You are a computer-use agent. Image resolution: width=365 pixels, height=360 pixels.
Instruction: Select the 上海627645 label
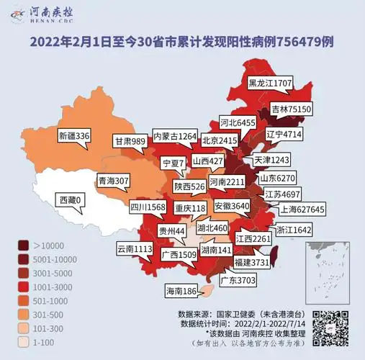click(x=302, y=210)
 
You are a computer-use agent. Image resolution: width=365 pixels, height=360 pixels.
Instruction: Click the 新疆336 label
click(x=74, y=135)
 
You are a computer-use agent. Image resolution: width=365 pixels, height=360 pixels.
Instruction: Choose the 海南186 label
click(x=181, y=292)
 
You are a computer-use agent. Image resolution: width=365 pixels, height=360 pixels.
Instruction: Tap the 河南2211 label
click(x=227, y=183)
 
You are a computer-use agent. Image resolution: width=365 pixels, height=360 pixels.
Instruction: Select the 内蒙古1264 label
click(x=174, y=136)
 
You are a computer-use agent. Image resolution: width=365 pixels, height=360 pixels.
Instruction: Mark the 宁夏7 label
click(x=173, y=163)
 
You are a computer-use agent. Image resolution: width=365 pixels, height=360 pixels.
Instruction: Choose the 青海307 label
click(x=113, y=180)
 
